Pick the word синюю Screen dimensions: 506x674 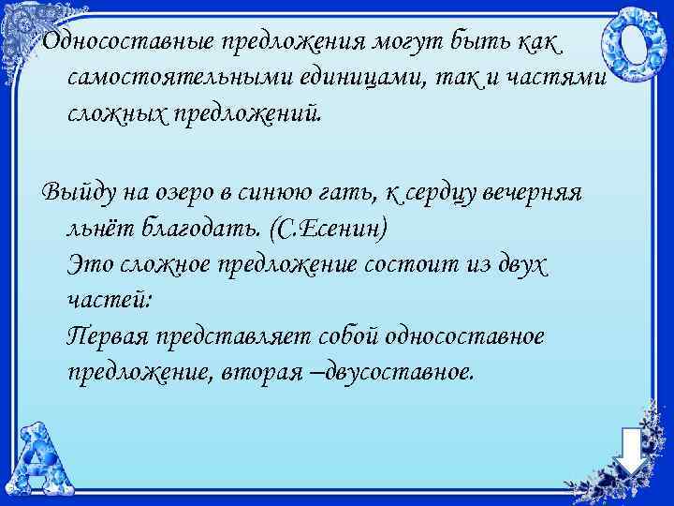click(x=280, y=193)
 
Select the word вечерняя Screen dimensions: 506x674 click(x=535, y=193)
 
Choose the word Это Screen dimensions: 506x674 click(x=89, y=264)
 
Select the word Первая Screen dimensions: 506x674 click(x=108, y=335)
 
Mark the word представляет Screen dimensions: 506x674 click(x=238, y=335)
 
